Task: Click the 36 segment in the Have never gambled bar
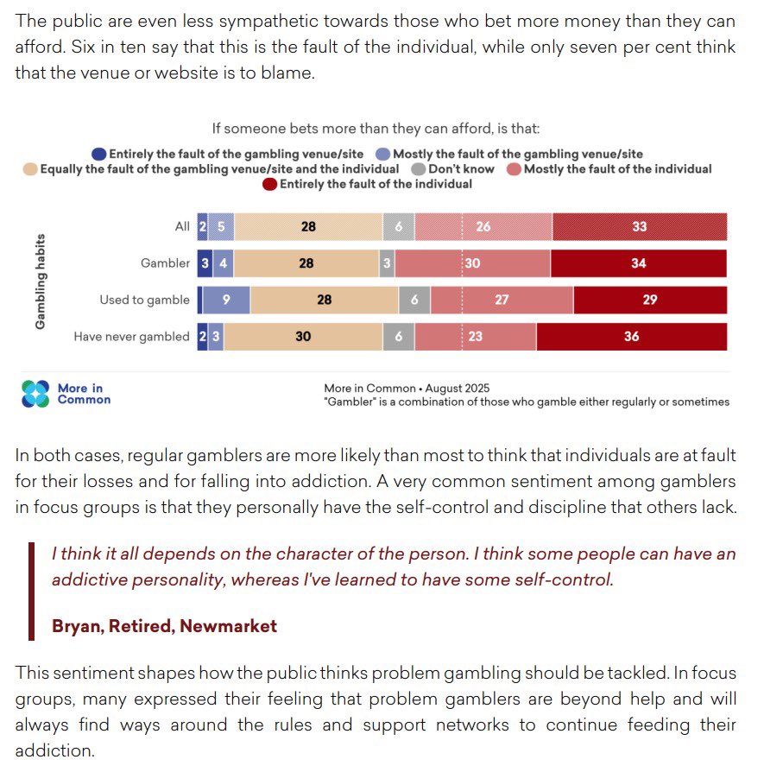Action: coord(631,337)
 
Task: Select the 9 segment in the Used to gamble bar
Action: coord(226,300)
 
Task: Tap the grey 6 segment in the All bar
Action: coord(398,226)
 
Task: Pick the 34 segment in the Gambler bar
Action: coord(638,263)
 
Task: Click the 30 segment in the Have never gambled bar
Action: coord(302,337)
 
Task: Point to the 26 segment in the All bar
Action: coord(483,226)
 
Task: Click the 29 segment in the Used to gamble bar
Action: coord(650,300)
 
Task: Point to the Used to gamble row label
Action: coord(144,300)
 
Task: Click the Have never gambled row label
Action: coord(131,337)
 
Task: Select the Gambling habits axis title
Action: coord(41,281)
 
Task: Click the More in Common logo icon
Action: coord(36,394)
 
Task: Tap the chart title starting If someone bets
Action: coord(376,129)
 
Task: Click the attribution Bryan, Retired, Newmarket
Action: coord(164,626)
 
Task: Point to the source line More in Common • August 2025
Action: coord(407,389)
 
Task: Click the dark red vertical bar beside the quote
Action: coord(31,591)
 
